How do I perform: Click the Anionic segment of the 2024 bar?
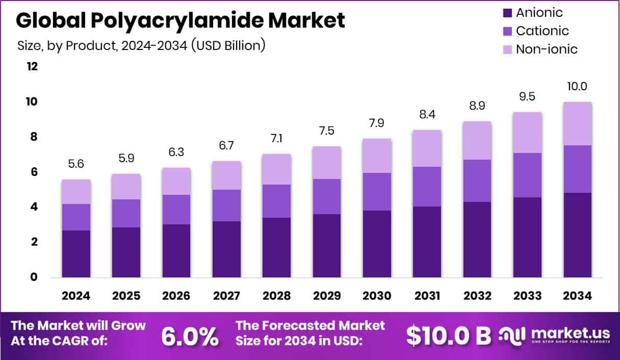pyautogui.click(x=76, y=253)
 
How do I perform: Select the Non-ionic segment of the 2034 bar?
pyautogui.click(x=578, y=123)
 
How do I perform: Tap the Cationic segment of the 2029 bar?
pyautogui.click(x=327, y=196)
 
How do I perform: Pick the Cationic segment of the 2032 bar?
pyautogui.click(x=477, y=181)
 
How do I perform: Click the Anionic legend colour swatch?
pyautogui.click(x=507, y=13)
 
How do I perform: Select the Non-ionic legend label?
pyautogui.click(x=547, y=49)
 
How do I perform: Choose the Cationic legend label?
pyautogui.click(x=542, y=31)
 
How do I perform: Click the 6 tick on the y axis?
pyautogui.click(x=34, y=172)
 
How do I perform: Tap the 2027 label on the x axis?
pyautogui.click(x=226, y=296)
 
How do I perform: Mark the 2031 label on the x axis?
pyautogui.click(x=427, y=296)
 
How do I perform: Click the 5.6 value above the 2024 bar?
pyautogui.click(x=76, y=165)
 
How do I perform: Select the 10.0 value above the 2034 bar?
pyautogui.click(x=578, y=87)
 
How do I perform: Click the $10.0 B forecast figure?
pyautogui.click(x=449, y=335)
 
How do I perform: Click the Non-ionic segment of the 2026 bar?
pyautogui.click(x=176, y=181)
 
